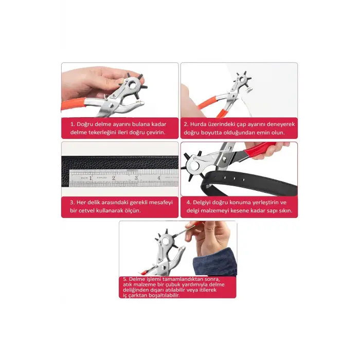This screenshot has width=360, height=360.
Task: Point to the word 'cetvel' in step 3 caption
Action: click(86, 210)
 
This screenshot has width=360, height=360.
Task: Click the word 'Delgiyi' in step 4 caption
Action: click(202, 203)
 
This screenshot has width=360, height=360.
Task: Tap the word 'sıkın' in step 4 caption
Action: click(285, 210)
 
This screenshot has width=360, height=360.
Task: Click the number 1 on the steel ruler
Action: click(91, 178)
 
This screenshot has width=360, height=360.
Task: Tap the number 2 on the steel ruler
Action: click(114, 178)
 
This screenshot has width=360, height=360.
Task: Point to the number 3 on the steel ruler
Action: click(136, 178)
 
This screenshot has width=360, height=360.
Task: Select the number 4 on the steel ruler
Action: click(158, 178)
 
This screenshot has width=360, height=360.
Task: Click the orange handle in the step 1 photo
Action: click(74, 105)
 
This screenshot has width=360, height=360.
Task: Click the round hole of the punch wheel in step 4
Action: click(194, 165)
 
